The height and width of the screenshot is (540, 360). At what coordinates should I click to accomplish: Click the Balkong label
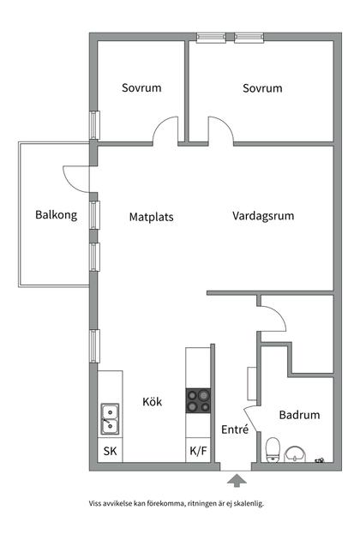pyautogui.click(x=56, y=216)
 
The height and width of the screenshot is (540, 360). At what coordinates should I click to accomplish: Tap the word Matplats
pyautogui.click(x=151, y=218)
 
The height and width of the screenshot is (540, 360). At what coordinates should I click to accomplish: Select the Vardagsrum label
pyautogui.click(x=263, y=217)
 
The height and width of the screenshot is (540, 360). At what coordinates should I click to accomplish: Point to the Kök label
pyautogui.click(x=153, y=401)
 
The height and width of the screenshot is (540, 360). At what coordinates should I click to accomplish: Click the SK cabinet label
pyautogui.click(x=110, y=451)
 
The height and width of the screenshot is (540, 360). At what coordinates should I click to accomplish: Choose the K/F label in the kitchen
pyautogui.click(x=197, y=451)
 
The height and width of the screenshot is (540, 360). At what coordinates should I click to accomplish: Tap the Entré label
pyautogui.click(x=235, y=430)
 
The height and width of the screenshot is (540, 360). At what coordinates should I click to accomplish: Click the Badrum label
pyautogui.click(x=299, y=416)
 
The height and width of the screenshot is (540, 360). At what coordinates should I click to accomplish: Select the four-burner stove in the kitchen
pyautogui.click(x=199, y=400)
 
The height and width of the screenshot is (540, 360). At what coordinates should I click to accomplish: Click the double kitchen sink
pyautogui.click(x=110, y=419)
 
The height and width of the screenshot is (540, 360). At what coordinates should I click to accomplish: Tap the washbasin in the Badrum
pyautogui.click(x=297, y=453)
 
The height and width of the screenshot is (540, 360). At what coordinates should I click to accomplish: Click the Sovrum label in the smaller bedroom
pyautogui.click(x=141, y=88)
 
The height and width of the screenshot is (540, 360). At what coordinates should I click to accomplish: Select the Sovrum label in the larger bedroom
pyautogui.click(x=262, y=88)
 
